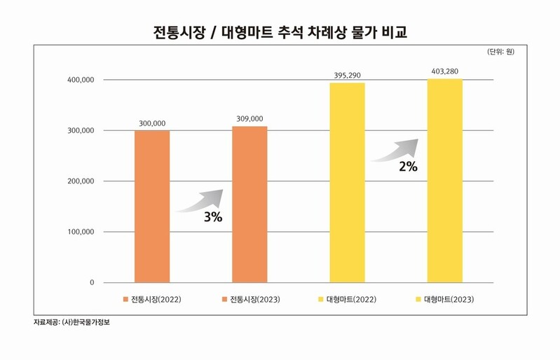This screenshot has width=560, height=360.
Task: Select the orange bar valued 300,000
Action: (152, 207)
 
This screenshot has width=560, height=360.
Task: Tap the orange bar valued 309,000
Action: (250, 205)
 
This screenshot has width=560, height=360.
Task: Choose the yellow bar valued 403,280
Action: (444, 180)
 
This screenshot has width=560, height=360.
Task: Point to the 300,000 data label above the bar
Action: (152, 123)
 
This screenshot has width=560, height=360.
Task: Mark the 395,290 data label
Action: (347, 75)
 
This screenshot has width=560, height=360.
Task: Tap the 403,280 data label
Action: (444, 71)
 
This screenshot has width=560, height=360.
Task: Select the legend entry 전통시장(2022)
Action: (152, 300)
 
